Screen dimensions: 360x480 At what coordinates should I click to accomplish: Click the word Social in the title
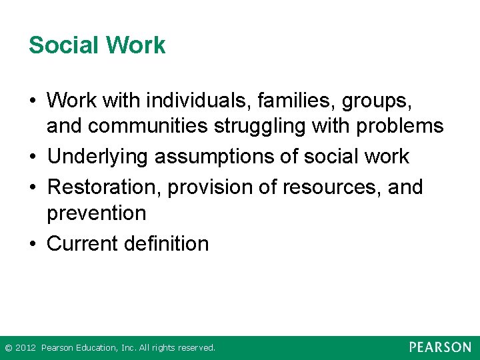pyautogui.click(x=61, y=45)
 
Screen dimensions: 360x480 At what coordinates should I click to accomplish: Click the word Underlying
pyautogui.click(x=98, y=156)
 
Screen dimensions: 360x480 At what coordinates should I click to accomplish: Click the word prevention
pyautogui.click(x=96, y=213)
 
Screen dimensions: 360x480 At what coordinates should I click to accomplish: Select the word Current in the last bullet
pyautogui.click(x=83, y=243)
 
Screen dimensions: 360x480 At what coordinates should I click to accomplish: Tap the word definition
pyautogui.click(x=167, y=243)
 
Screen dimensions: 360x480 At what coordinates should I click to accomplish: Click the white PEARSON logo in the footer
pyautogui.click(x=440, y=347)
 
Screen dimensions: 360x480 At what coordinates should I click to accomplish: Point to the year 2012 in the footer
pyautogui.click(x=25, y=348)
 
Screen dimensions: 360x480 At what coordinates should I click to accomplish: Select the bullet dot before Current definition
pyautogui.click(x=33, y=244)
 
